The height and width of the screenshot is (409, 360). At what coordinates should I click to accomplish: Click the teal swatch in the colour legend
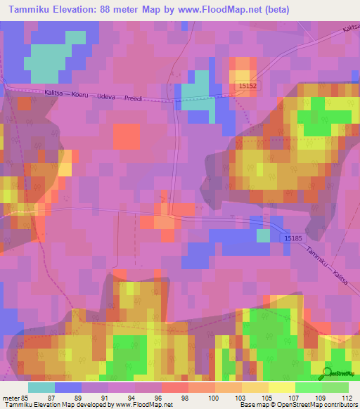coord(41,387)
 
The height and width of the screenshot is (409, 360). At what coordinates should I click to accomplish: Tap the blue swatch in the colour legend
coord(68,387)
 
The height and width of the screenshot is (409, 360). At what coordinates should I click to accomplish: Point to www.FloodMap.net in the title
coord(220,9)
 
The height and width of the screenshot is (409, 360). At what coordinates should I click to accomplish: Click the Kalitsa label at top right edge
coord(349,27)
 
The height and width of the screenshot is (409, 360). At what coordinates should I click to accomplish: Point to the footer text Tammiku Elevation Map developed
coord(56,405)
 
